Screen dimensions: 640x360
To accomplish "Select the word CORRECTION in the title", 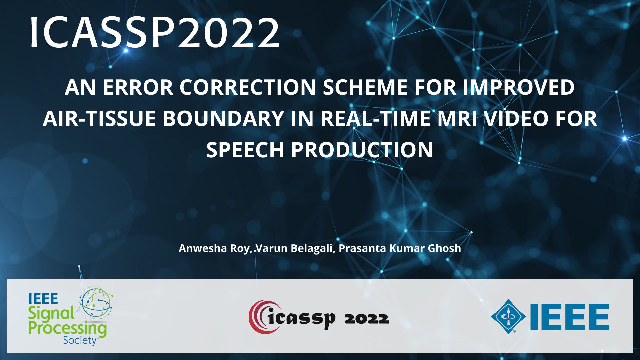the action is pyautogui.click(x=248, y=87).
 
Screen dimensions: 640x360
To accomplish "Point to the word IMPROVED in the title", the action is pyautogui.click(x=519, y=87).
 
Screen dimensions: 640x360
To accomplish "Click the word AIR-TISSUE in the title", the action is pyautogui.click(x=99, y=119).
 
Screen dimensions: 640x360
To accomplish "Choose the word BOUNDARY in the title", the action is pyautogui.click(x=223, y=119).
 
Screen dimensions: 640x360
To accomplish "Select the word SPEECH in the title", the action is pyautogui.click(x=245, y=150).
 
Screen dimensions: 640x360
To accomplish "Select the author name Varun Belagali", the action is pyautogui.click(x=295, y=249).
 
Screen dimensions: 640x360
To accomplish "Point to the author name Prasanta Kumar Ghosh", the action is pyautogui.click(x=400, y=248).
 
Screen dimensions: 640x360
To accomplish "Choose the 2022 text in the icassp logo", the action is pyautogui.click(x=367, y=319).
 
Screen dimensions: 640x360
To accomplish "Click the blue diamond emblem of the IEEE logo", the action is pyautogui.click(x=508, y=316).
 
